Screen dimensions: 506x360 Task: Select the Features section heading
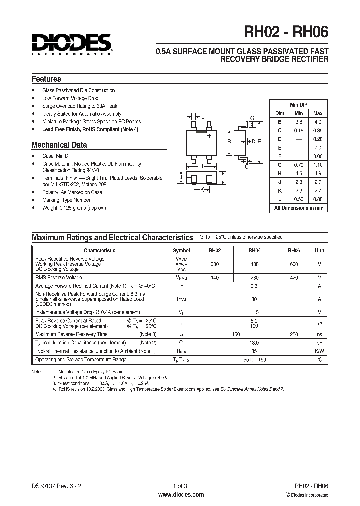coord(46,79)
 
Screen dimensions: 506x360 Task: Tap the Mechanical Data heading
coord(59,145)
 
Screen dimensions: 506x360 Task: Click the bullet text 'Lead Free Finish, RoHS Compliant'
coord(90,129)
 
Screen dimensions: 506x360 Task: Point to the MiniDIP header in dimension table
coord(299,104)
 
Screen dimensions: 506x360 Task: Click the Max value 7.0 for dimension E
coord(318,147)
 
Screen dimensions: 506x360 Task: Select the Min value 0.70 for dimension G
coord(299,164)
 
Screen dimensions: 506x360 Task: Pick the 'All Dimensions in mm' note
coord(299,208)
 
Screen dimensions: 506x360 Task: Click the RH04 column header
coord(254,250)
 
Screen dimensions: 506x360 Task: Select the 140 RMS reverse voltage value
coord(215,277)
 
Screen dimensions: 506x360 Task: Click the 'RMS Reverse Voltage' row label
coord(59,277)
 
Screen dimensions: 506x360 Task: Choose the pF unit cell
coord(320,343)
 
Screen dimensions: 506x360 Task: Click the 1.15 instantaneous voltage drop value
coord(254,312)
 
